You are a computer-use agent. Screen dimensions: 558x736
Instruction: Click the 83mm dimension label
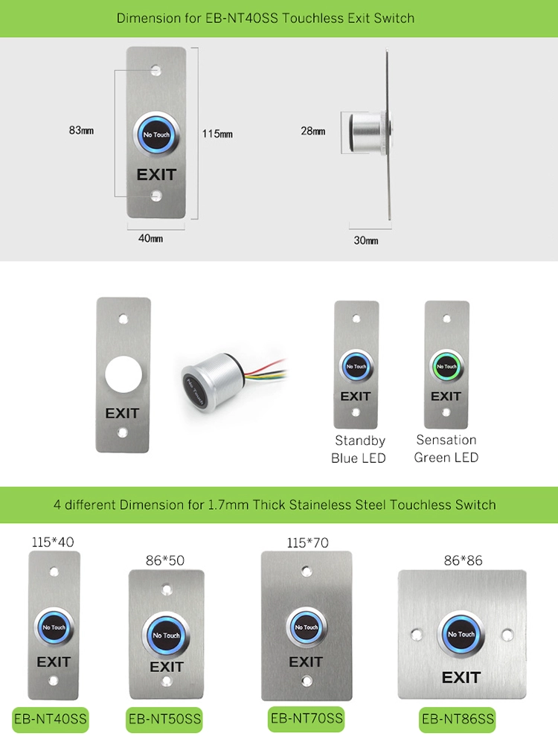point(81,130)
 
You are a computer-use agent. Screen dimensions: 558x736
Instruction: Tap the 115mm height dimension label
point(217,134)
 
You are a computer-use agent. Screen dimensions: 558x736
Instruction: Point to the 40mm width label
point(150,238)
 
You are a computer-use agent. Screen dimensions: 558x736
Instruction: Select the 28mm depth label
point(313,131)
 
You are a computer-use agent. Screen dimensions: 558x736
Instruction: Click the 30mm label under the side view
point(366,240)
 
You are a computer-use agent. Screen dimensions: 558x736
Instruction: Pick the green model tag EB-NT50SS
point(164,719)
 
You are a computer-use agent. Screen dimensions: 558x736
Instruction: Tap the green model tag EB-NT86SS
point(458,719)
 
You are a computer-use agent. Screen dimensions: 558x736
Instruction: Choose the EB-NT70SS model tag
point(307,718)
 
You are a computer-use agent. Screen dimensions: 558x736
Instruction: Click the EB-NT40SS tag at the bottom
point(51,719)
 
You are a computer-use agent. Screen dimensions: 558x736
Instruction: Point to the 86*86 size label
point(464,560)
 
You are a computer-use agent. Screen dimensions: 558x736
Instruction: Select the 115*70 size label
point(308,543)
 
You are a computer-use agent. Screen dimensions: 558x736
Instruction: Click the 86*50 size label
point(165,560)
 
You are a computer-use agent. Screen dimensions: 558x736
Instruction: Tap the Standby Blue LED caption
point(359,449)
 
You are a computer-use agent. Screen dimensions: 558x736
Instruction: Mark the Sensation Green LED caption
point(446,449)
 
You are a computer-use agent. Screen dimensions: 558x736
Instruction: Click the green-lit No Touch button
point(447,366)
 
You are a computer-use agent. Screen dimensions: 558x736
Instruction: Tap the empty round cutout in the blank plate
point(124,374)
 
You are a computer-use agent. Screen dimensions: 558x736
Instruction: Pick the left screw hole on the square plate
point(417,635)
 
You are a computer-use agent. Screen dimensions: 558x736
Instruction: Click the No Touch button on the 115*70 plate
point(307,627)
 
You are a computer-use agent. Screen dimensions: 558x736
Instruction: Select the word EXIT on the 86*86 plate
point(461,678)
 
